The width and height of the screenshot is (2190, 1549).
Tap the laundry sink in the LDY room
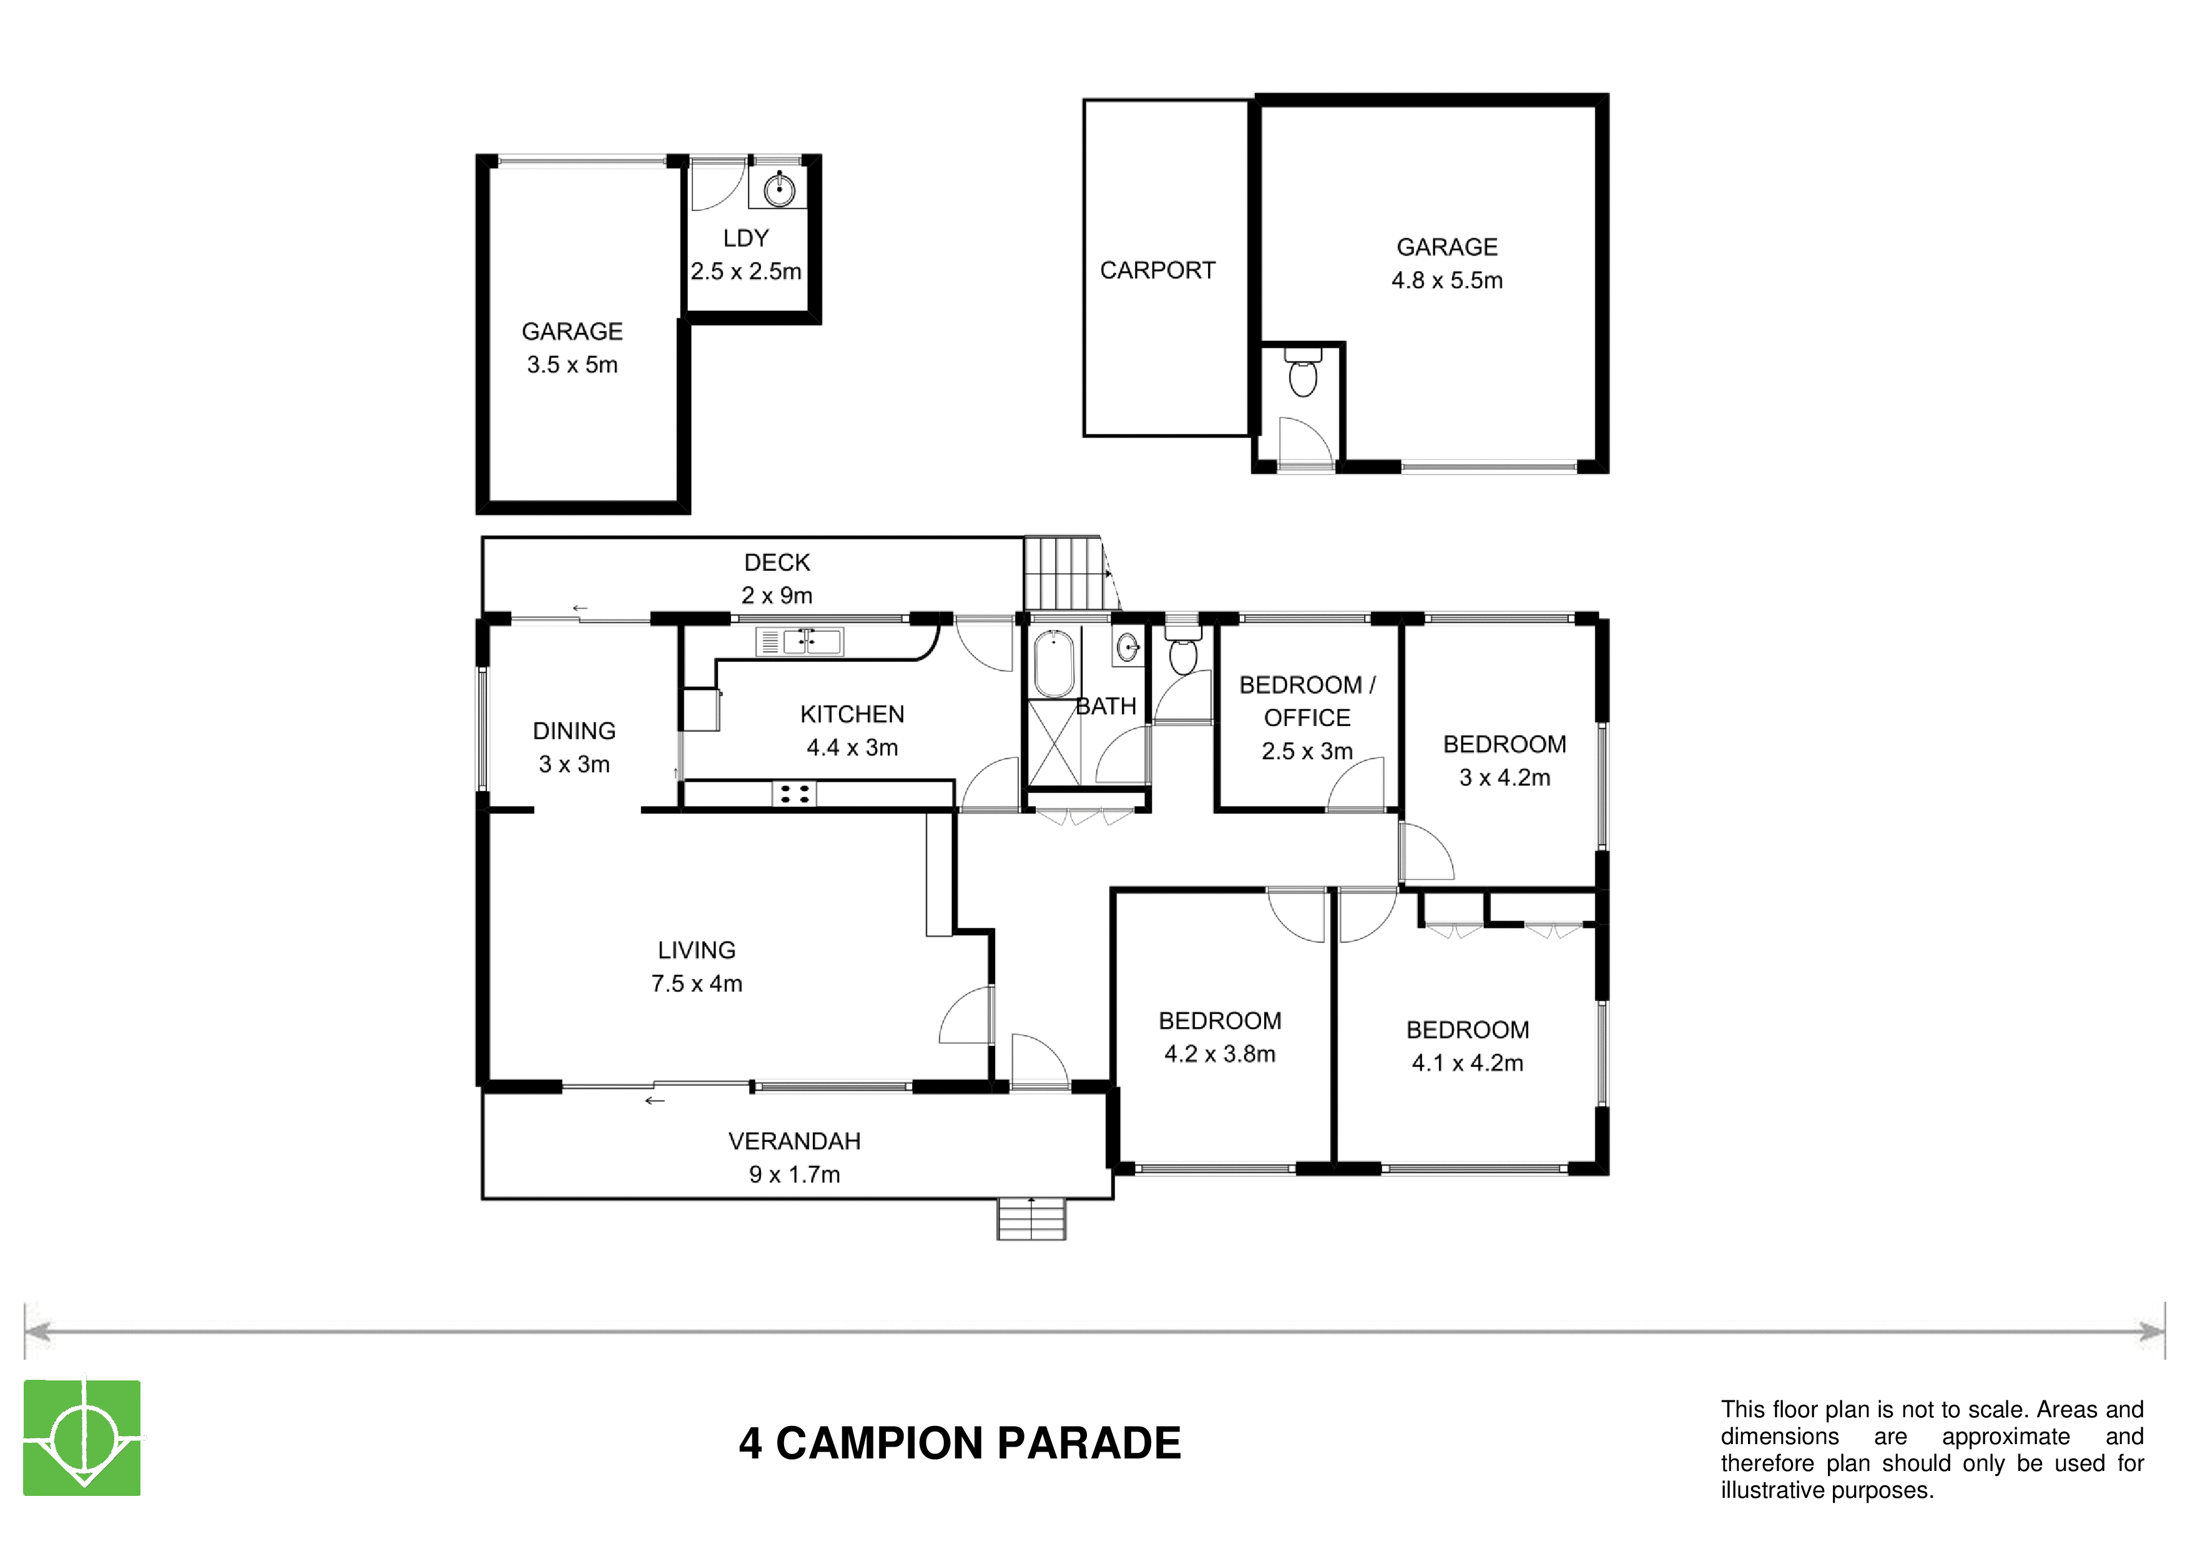778,189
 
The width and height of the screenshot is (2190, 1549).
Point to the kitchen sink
799,641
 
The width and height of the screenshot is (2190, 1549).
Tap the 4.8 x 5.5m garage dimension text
1447,280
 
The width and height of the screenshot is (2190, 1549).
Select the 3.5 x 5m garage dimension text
572,365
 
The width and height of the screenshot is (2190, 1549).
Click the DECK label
777,563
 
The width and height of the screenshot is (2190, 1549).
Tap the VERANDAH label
795,1142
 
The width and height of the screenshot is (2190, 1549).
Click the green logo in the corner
82,1437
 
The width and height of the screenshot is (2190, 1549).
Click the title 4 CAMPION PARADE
960,1443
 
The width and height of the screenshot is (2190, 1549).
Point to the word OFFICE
1307,718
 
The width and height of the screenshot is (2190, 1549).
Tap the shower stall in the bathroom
1054,742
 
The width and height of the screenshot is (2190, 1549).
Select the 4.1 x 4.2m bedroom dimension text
1467,1063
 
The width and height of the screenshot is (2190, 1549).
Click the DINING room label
574,732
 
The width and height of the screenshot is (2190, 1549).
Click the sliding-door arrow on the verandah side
654,1101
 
